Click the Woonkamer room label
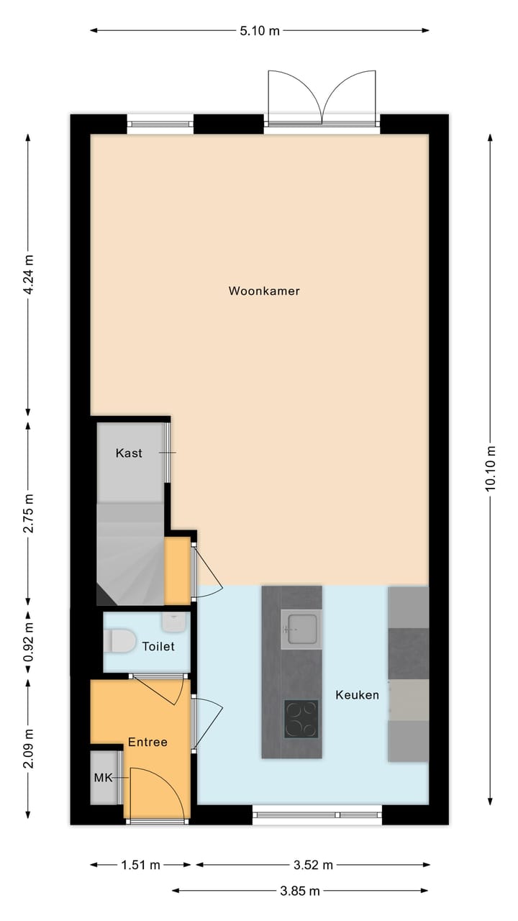click(264, 291)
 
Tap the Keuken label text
click(357, 695)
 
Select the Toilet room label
click(158, 646)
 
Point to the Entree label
click(147, 742)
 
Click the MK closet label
click(104, 778)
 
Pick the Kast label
click(129, 453)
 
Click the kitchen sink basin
click(299, 628)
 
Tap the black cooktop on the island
click(301, 718)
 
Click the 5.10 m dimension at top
click(260, 30)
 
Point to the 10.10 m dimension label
click(491, 468)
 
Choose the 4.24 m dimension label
click(28, 276)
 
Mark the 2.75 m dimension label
click(28, 513)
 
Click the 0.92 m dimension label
click(28, 643)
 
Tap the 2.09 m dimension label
click(28, 748)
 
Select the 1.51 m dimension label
click(142, 865)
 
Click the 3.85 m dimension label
click(299, 891)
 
